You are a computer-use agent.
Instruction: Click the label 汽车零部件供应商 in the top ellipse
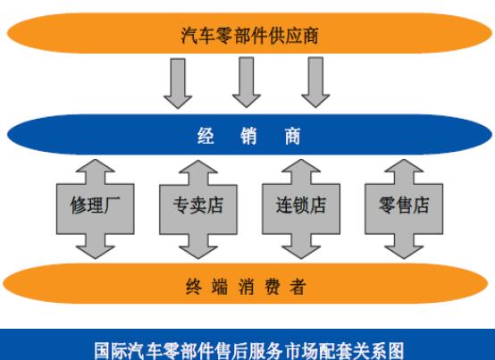(249, 35)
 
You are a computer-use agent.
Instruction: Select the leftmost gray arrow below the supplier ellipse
(178, 83)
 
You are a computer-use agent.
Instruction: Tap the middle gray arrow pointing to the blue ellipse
(247, 82)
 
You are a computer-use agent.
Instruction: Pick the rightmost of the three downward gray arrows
(315, 82)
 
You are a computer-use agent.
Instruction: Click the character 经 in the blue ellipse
(206, 136)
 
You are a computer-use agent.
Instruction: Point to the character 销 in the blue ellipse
(248, 136)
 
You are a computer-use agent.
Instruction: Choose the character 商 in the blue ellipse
(292, 136)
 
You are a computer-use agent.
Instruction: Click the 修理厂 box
(96, 209)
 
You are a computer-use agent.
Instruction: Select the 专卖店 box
(198, 210)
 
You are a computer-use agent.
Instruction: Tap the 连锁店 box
(301, 209)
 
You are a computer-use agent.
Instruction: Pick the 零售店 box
(404, 209)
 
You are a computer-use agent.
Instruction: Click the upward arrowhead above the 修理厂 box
(96, 166)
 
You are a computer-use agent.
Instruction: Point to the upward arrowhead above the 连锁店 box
(301, 166)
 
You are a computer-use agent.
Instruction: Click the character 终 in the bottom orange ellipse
(194, 287)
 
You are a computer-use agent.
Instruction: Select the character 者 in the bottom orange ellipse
(298, 287)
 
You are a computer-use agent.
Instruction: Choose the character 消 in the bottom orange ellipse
(246, 287)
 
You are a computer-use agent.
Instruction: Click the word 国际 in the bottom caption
(111, 350)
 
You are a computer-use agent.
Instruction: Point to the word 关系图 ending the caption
(379, 350)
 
